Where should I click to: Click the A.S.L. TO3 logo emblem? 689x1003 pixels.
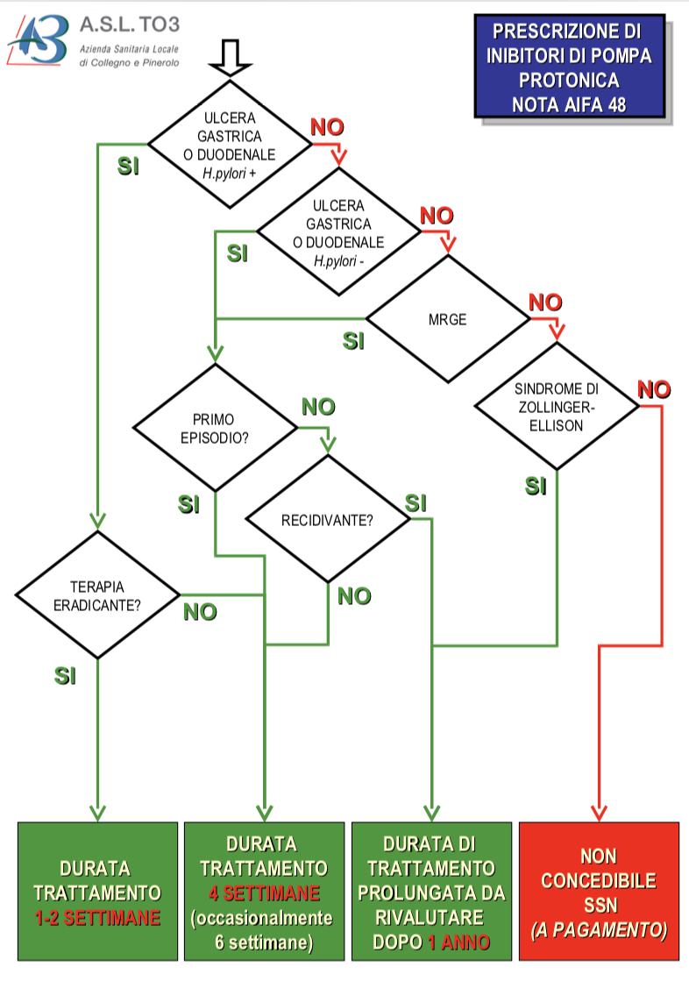tap(39, 40)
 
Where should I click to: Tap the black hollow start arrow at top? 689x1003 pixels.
tap(231, 59)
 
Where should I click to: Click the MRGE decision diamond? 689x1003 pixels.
tap(448, 319)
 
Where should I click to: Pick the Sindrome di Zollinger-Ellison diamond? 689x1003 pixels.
tap(557, 406)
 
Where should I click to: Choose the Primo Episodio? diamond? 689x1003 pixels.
tap(214, 427)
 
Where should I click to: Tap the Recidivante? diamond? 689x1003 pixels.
tap(328, 520)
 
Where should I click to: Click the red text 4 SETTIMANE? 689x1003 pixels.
tap(264, 893)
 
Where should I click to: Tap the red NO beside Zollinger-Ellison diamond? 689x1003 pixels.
tap(653, 388)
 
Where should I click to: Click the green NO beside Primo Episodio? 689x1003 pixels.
tap(318, 407)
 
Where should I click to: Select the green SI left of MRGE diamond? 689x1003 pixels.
tap(353, 341)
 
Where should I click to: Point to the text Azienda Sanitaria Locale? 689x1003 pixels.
tap(129, 47)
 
